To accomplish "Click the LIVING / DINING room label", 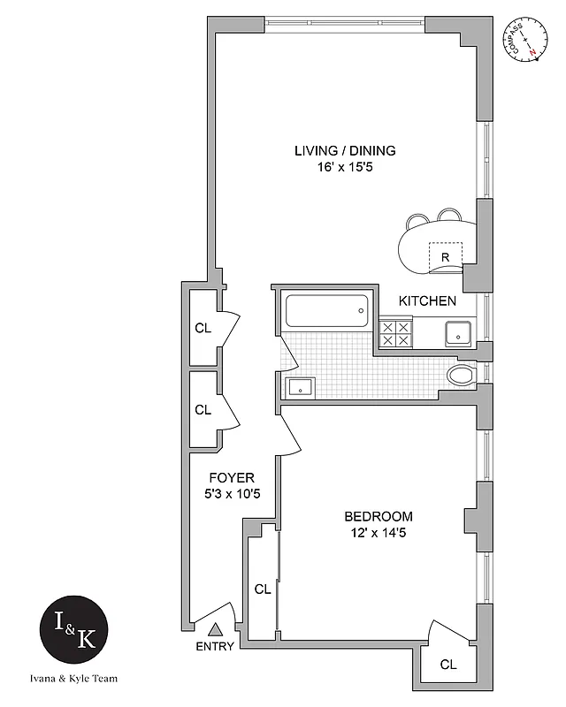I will coord(345,150).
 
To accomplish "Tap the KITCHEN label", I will coord(427,301).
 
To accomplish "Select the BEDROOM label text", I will coord(379,516).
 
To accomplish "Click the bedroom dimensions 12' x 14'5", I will coord(379,533).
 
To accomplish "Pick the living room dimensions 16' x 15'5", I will coord(345,167).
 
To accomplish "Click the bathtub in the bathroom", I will coord(326,310).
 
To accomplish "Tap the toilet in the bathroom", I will coord(462,376).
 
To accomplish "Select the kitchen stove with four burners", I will coord(395,334).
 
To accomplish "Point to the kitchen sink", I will coord(457,333).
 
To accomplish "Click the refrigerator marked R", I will coord(447,256).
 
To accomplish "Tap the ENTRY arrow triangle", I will coord(215,630).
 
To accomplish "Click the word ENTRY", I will coord(215,646).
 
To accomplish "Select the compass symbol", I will coord(524,40).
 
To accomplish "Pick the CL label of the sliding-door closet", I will coord(262,589).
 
